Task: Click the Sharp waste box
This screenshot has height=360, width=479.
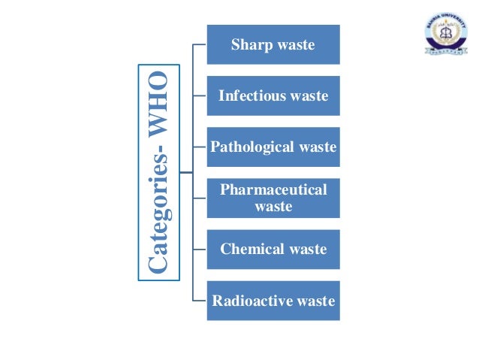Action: (273, 44)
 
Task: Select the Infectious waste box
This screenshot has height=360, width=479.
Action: (273, 95)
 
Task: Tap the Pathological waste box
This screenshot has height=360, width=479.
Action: (273, 147)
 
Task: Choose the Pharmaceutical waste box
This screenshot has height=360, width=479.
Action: (273, 198)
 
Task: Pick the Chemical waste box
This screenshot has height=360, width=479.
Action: (273, 249)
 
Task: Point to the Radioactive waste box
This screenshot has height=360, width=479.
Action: (273, 301)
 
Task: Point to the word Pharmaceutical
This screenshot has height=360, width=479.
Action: (273, 189)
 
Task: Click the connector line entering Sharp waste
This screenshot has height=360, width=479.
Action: (200, 44)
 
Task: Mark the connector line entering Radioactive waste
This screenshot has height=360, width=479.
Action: (200, 301)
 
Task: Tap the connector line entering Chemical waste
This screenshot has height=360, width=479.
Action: (200, 249)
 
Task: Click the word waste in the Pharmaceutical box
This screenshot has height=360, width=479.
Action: (273, 206)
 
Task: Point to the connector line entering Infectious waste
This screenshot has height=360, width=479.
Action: (200, 95)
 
